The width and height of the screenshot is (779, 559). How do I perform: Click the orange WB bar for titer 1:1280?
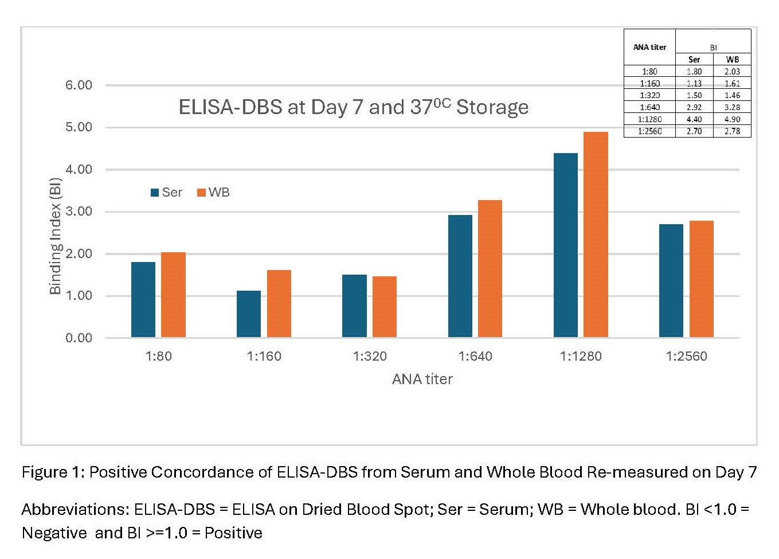click(x=596, y=234)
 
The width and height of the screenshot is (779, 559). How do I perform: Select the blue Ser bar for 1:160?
click(x=249, y=314)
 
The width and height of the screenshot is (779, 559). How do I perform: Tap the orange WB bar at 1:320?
click(x=385, y=307)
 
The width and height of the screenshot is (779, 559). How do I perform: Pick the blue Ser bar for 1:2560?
click(x=671, y=280)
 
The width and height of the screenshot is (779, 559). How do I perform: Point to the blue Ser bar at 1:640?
click(x=460, y=276)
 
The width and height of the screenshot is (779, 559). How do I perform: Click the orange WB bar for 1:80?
click(x=173, y=295)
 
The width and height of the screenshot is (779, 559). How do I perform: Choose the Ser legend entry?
click(x=166, y=193)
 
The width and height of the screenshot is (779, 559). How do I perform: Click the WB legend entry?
click(x=213, y=193)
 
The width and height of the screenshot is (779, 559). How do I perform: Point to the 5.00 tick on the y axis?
click(x=79, y=127)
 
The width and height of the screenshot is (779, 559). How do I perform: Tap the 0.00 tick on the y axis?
click(x=79, y=338)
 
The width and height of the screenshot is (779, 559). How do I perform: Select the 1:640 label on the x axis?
click(x=475, y=356)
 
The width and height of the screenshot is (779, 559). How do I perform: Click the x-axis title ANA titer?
click(x=422, y=379)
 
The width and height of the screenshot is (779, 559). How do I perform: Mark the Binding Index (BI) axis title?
click(x=56, y=236)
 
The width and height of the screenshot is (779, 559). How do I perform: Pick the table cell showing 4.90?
click(x=732, y=119)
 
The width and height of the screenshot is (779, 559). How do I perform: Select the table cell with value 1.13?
click(x=694, y=84)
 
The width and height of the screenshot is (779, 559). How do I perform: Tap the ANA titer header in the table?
click(x=649, y=48)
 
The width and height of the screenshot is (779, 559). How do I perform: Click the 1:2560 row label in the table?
click(x=649, y=131)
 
